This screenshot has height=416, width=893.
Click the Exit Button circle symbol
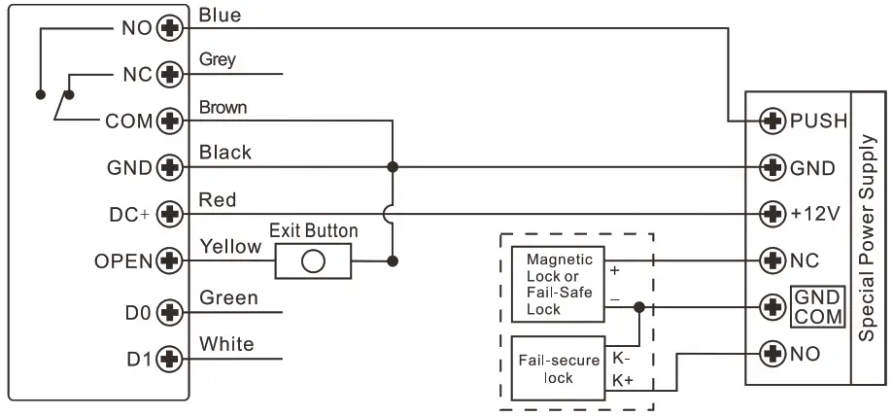tap(313, 261)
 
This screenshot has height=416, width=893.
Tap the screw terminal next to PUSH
tap(773, 121)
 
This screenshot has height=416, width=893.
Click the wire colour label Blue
tap(220, 15)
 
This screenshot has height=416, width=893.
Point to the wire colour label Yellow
tap(229, 247)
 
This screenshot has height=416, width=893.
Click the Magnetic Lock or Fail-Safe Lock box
tap(558, 284)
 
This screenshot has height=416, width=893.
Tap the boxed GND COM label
tap(817, 307)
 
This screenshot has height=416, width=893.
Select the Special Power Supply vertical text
tap(869, 239)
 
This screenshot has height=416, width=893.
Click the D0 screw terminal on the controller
tap(170, 312)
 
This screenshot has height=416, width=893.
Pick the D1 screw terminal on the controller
tap(170, 360)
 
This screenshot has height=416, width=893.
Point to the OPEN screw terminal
tap(170, 260)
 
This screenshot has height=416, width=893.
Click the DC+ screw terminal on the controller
tap(170, 213)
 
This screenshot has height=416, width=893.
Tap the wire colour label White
tap(225, 343)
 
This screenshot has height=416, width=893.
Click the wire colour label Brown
tap(223, 107)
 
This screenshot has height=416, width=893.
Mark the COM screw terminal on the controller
tap(170, 121)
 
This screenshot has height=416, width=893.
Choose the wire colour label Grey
tap(218, 59)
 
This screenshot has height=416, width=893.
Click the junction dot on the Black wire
tap(393, 166)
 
